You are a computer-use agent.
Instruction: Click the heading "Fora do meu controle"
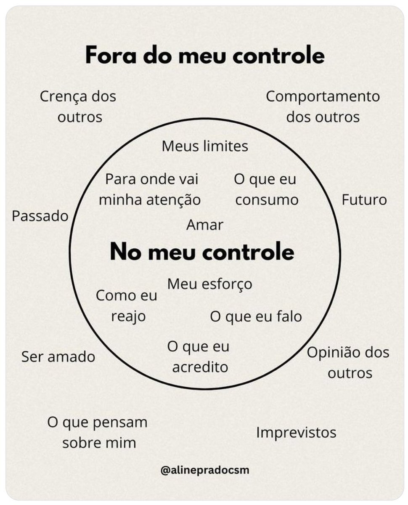coord(205,56)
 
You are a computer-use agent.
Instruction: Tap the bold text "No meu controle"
coord(202,252)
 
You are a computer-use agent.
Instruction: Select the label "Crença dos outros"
coord(79,106)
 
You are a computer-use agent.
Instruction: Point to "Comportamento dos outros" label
coord(323,106)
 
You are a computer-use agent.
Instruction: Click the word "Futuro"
coord(364,199)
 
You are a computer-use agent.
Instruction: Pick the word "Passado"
coord(40,216)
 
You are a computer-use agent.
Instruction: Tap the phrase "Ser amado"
coord(58,357)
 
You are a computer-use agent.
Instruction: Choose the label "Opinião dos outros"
coord(348,362)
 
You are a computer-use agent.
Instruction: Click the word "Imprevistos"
coord(297,432)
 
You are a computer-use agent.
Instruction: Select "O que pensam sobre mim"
coord(98,433)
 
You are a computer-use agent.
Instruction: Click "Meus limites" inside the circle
coord(205,146)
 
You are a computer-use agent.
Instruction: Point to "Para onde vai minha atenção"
coord(150,189)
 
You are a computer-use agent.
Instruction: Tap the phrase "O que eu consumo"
coord(266,189)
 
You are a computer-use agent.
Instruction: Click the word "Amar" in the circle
coord(205,225)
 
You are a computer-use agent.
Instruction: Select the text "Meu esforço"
coord(210,284)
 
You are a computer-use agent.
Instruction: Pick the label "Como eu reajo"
coord(127,306)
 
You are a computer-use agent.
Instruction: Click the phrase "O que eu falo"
coord(256,316)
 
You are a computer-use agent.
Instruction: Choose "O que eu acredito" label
coord(199,357)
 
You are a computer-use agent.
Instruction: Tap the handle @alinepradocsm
coord(205,470)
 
